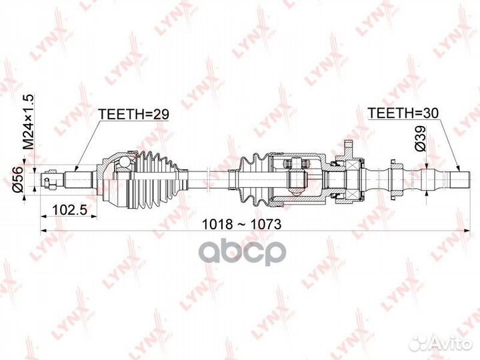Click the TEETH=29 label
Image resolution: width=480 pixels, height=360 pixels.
pos(133,114)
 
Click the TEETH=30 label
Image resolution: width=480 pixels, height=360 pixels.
pos(404,114)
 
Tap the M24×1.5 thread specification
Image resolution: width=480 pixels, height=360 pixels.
pos(29,123)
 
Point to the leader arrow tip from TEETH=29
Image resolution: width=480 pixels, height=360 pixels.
pos(74,171)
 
